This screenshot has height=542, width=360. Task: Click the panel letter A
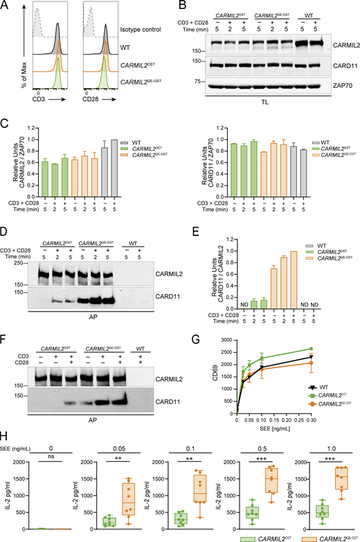[x=6, y=6]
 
